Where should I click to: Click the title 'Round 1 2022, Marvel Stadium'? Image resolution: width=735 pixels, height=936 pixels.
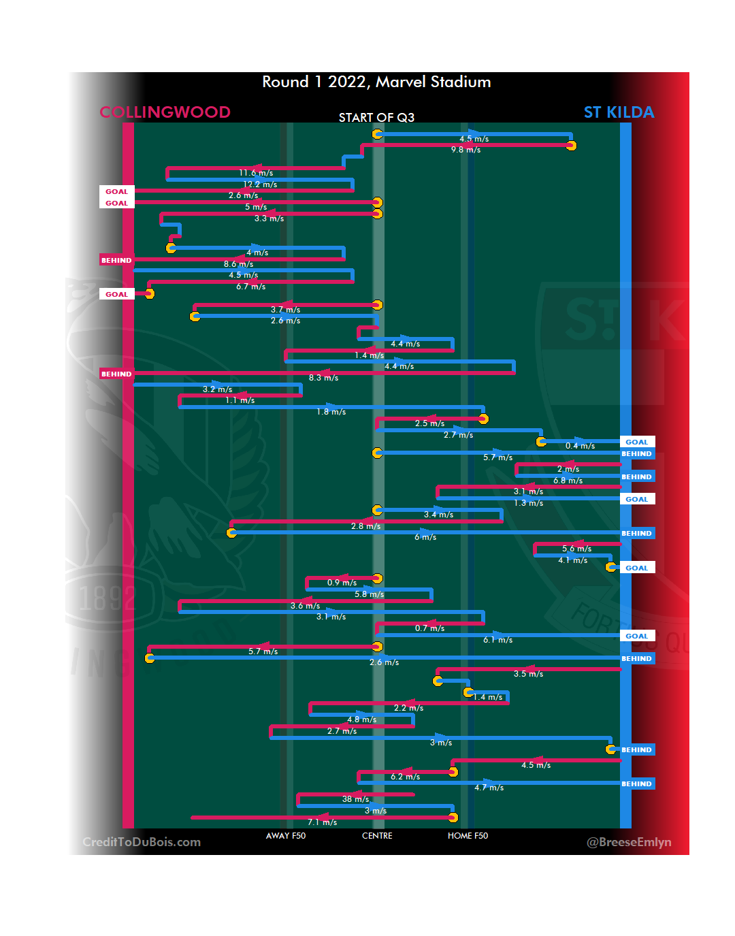click(376, 82)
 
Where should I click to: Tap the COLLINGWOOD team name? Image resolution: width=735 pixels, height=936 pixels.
click(165, 112)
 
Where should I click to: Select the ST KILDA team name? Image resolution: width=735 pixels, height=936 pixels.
click(619, 112)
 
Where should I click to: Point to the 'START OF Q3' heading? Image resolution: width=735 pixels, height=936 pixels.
click(376, 118)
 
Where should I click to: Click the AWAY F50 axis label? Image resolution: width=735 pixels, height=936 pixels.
click(286, 836)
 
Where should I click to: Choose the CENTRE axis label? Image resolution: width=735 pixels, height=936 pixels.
click(377, 836)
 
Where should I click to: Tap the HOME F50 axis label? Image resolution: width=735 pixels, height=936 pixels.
click(468, 836)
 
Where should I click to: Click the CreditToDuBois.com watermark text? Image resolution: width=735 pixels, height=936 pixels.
click(142, 842)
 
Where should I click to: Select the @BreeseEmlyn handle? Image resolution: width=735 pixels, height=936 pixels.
click(629, 842)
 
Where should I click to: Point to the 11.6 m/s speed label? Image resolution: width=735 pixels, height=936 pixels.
click(256, 173)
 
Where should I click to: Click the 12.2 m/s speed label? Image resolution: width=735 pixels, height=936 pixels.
click(260, 184)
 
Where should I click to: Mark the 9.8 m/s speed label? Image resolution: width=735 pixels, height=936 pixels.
click(465, 150)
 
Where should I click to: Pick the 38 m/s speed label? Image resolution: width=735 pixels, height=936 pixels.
click(355, 799)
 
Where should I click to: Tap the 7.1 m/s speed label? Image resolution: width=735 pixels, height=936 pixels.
click(322, 822)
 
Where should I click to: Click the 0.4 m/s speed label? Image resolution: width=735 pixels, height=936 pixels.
click(580, 446)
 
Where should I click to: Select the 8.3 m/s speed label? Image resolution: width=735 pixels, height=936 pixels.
click(323, 378)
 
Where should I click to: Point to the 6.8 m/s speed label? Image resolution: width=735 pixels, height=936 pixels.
click(568, 481)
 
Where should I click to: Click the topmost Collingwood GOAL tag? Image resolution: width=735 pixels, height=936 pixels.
click(116, 192)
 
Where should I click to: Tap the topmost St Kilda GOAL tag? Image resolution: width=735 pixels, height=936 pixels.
click(637, 442)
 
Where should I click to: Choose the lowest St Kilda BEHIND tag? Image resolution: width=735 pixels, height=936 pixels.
click(637, 784)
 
